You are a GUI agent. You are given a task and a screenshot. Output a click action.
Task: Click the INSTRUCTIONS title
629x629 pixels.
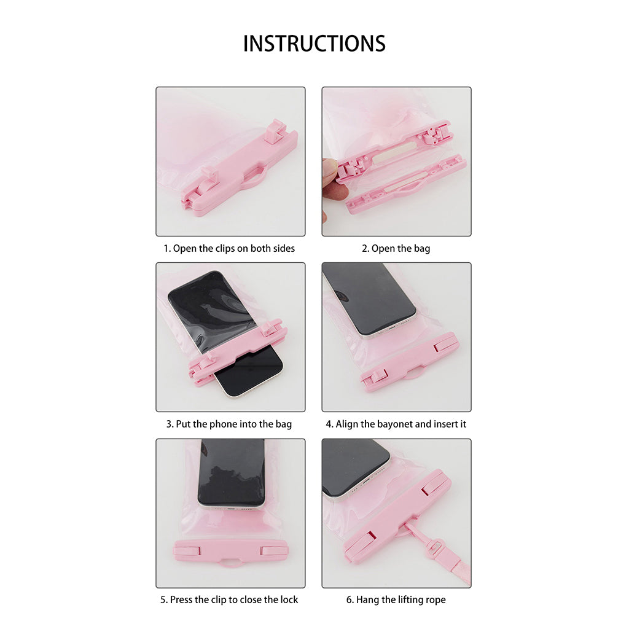coord(314,44)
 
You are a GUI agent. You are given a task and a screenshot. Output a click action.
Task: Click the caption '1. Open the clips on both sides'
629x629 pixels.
coord(229,249)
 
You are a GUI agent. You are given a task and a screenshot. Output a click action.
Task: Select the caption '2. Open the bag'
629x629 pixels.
coord(396,249)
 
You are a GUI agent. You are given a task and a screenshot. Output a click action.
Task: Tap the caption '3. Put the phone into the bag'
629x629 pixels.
coord(229,424)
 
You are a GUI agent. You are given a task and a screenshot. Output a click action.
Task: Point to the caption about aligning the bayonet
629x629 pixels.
coord(396,424)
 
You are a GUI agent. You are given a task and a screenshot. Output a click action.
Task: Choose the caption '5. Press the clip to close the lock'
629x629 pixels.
coord(229,600)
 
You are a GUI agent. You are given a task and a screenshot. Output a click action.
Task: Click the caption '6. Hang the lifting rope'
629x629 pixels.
coord(396,600)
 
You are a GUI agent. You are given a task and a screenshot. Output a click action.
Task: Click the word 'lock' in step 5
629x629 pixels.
coord(288,600)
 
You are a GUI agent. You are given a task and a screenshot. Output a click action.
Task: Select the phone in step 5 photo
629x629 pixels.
coord(231,473)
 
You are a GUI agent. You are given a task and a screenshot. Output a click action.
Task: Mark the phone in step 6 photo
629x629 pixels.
coord(353,467)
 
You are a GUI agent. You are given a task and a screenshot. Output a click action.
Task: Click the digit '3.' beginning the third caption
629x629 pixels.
coord(170,424)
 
